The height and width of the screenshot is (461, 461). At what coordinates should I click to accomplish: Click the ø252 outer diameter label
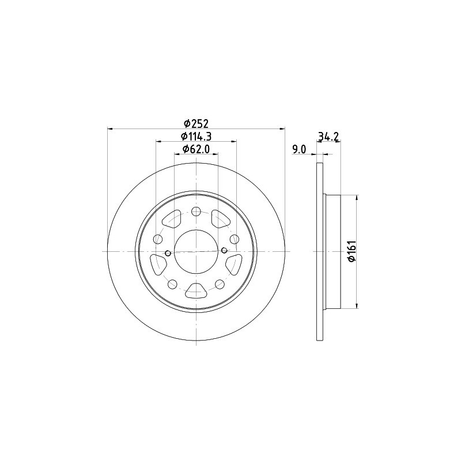coord(196,123)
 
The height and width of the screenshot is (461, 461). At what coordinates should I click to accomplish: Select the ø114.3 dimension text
coord(196,137)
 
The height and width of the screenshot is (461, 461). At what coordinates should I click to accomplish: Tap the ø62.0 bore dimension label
coord(196,149)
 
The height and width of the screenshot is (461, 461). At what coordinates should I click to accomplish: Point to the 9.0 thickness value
coord(299,149)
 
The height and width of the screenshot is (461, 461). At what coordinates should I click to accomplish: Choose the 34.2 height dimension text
coord(328,137)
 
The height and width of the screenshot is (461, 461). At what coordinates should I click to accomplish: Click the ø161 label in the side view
coord(352,251)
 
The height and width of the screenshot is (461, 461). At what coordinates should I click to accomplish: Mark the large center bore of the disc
coord(196,251)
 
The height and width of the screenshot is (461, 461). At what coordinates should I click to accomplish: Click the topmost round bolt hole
coord(196,211)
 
